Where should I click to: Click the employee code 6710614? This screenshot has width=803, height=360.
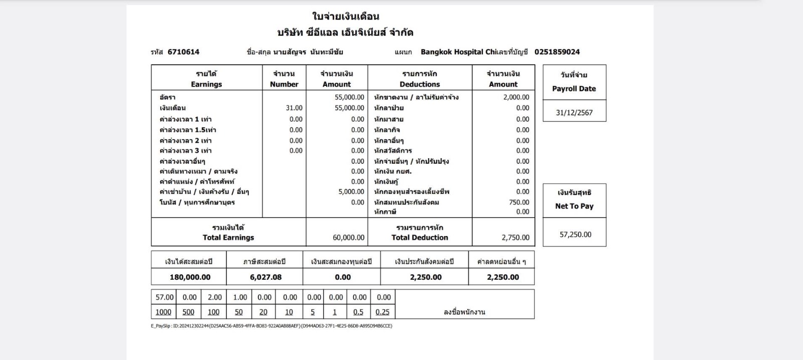(183, 52)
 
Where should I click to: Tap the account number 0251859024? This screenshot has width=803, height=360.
(557, 52)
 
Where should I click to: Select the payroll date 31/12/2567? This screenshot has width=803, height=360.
(574, 112)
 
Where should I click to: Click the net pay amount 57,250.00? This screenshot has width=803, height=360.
(575, 234)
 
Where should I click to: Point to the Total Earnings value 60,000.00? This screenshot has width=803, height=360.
(348, 237)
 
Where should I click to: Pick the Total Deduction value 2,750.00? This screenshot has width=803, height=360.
(515, 237)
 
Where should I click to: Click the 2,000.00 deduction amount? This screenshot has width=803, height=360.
(516, 97)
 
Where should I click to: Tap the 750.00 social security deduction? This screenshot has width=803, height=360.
(518, 202)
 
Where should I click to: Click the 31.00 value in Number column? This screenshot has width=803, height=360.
(294, 108)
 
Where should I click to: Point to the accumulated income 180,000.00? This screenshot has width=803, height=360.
(190, 277)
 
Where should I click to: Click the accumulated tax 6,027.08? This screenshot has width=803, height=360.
(265, 277)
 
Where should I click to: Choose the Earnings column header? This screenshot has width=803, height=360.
(206, 84)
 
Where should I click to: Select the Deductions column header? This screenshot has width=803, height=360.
(420, 84)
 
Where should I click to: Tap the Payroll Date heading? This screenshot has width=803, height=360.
(574, 89)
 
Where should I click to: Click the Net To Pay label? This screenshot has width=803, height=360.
(574, 206)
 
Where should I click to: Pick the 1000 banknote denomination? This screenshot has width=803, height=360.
(163, 312)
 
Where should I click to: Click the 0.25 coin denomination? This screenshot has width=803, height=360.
(382, 312)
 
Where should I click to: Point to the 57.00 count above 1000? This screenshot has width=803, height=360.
(164, 297)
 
